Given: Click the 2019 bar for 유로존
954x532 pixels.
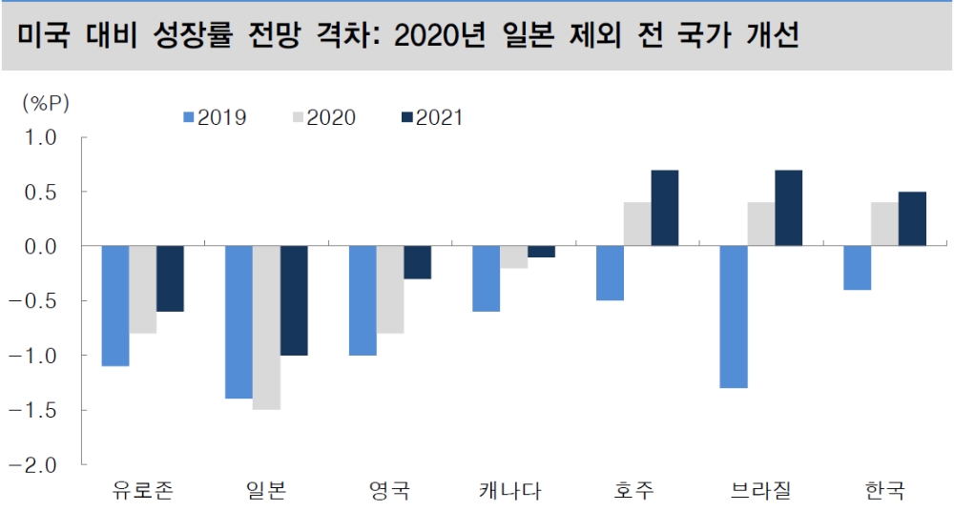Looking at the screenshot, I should [114, 305].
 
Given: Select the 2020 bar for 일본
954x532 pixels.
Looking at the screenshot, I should [266, 327].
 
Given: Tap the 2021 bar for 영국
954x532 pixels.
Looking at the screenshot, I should [417, 262].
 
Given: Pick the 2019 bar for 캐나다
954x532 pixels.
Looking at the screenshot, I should [486, 278].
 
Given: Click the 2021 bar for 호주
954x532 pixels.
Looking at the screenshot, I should [665, 208].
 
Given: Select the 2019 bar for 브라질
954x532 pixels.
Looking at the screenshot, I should [734, 317].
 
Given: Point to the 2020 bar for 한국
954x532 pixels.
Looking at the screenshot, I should [884, 224].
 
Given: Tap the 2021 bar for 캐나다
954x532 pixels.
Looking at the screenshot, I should [541, 252].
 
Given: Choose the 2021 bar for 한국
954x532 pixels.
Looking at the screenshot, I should [912, 218].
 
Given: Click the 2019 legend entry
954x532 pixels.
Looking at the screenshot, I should [216, 117].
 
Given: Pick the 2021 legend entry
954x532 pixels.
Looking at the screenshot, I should [432, 117].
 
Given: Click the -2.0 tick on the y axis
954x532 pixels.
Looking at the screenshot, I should [41, 465].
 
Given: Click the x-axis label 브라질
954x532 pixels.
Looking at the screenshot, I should [760, 492].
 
